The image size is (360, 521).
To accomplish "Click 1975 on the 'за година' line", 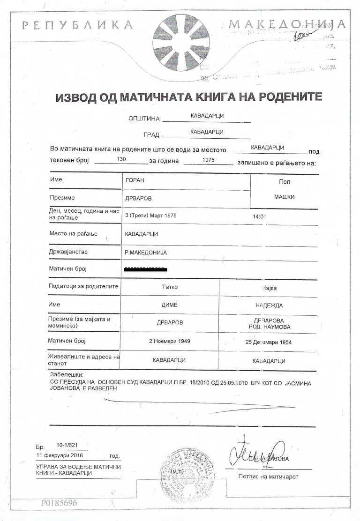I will (x=208, y=160).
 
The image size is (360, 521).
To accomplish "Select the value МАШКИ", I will (x=284, y=197).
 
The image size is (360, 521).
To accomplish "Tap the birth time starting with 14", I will (x=259, y=216).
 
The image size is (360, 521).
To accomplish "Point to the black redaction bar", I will (x=146, y=269).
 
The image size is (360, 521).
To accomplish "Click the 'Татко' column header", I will (x=169, y=287).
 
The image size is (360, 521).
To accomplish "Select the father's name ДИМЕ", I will (x=169, y=305).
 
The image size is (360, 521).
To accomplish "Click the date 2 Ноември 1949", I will (x=169, y=341).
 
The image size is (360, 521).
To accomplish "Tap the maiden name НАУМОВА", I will (x=277, y=326).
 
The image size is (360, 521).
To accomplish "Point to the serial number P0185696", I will (x=58, y=503).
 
